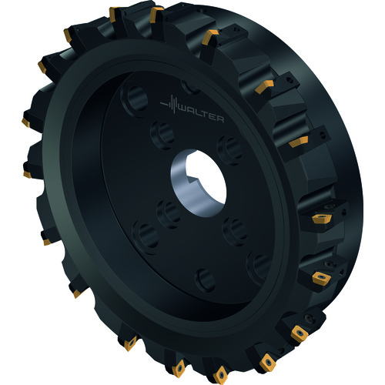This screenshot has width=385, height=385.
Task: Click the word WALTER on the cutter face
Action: click(203, 115)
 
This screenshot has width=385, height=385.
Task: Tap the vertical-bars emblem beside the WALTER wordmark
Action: click(170, 104)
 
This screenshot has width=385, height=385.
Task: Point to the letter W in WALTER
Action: click(184, 110)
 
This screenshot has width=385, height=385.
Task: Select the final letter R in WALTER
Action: click(219, 119)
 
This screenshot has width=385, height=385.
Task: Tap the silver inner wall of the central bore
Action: click(185, 190)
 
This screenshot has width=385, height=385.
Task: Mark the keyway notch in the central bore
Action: click(192, 179)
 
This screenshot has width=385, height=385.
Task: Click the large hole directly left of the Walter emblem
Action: click(136, 99)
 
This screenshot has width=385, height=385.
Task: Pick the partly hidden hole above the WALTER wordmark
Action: click(190, 87)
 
